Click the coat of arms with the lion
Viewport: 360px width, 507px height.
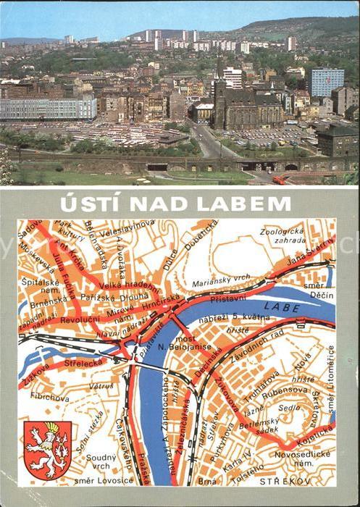tap(48, 448)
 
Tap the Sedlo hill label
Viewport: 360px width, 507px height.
tap(290, 408)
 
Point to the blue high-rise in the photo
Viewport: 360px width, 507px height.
tap(327, 82)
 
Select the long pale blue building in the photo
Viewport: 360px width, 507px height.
tap(48, 109)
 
